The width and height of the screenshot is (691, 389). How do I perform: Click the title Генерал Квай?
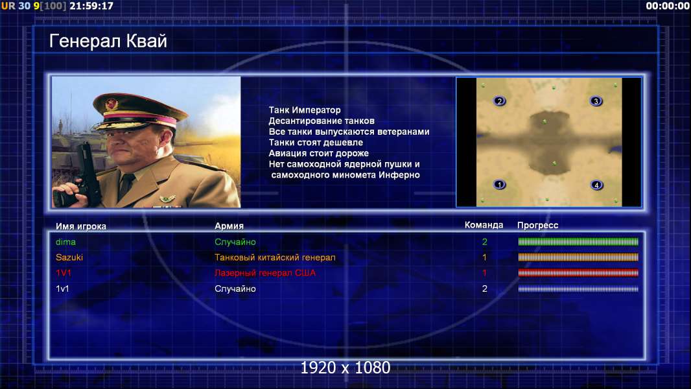click(x=108, y=41)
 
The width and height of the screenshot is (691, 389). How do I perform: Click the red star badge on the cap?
click(x=111, y=104)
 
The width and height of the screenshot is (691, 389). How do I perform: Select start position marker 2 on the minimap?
click(x=499, y=101)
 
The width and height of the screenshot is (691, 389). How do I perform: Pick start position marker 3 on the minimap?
click(x=596, y=101)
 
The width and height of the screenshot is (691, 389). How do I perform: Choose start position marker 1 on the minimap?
click(x=499, y=184)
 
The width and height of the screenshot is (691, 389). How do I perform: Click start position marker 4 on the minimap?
click(x=596, y=185)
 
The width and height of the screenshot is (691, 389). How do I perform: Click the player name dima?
click(x=65, y=242)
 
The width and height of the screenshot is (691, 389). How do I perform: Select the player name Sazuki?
click(x=69, y=257)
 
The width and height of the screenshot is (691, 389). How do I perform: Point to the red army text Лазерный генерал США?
click(x=265, y=273)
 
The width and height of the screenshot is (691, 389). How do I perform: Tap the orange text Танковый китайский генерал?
click(x=275, y=257)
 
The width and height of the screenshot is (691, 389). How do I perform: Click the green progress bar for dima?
click(x=578, y=241)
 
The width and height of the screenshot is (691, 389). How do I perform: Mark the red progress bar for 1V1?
click(x=578, y=273)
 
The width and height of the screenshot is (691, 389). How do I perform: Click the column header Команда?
click(x=484, y=225)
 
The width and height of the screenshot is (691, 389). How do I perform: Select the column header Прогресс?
click(x=537, y=226)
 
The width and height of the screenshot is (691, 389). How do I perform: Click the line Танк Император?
click(x=305, y=110)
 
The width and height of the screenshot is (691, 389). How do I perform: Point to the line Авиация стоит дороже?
click(x=319, y=153)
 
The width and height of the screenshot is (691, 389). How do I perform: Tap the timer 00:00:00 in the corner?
click(x=667, y=6)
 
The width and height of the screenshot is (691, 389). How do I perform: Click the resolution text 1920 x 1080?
click(x=345, y=368)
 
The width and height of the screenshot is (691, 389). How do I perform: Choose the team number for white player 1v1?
click(x=484, y=289)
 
